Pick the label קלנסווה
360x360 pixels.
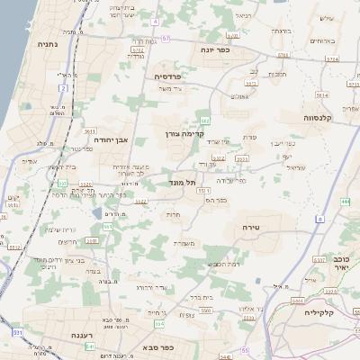(318, 117)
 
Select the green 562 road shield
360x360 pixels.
(205, 119)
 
